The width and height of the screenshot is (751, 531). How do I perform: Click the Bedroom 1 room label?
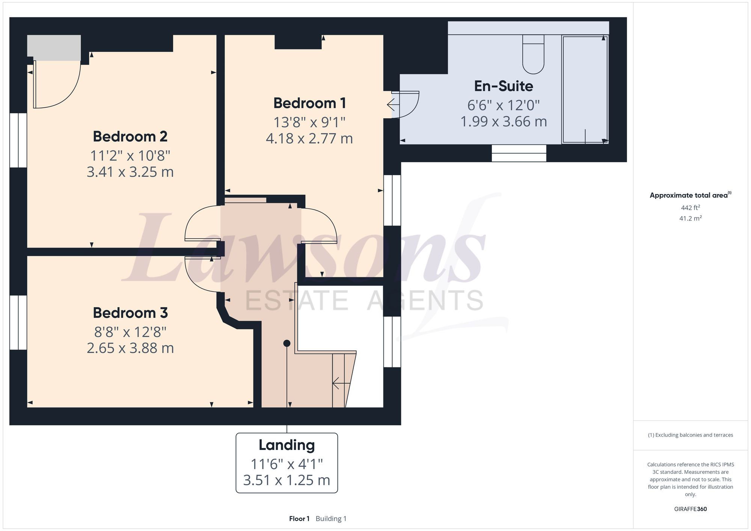point(309,103)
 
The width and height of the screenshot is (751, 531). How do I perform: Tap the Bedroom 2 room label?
point(130,137)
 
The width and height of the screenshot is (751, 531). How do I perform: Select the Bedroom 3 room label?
point(130,313)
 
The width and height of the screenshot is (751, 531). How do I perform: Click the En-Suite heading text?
point(503,86)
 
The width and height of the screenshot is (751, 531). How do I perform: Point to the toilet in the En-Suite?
point(533,56)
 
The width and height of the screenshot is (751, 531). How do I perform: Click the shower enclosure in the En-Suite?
point(585,89)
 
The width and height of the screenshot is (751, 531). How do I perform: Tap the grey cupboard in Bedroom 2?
point(54,48)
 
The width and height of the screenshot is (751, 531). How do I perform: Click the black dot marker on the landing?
point(287,343)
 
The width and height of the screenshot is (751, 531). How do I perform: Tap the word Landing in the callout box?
point(287,445)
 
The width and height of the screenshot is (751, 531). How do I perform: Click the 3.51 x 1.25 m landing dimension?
point(287,480)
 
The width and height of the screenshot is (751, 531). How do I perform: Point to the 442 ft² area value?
point(690,208)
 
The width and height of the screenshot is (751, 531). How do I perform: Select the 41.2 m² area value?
point(690,218)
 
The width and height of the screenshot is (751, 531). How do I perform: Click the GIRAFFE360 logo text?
point(690,509)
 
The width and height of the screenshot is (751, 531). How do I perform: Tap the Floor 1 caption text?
point(299,519)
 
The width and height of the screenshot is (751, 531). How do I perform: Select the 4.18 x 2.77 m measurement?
point(309,138)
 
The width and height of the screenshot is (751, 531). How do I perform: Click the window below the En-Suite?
point(519,153)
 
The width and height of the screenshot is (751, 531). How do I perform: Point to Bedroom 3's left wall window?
point(18,323)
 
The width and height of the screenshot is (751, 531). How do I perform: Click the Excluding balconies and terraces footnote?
point(690,435)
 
